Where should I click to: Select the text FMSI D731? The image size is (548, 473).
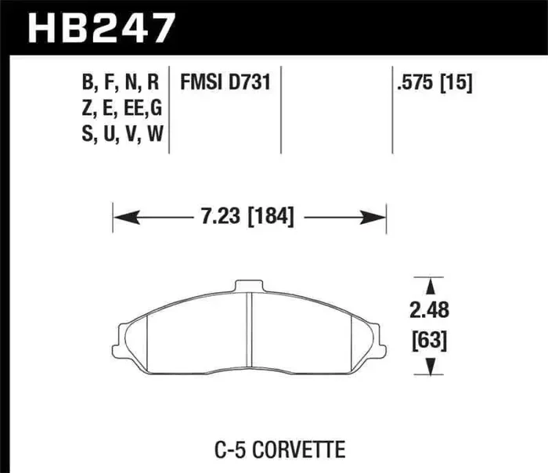coord(224,82)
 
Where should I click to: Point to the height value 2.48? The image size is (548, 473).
coord(427,312)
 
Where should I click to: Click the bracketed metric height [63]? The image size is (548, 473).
coord(427,341)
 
